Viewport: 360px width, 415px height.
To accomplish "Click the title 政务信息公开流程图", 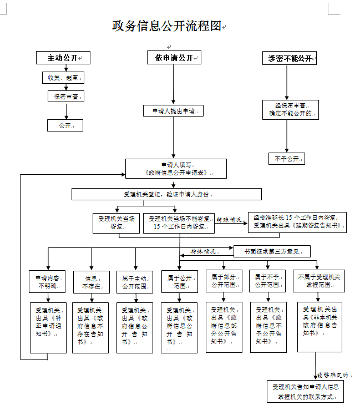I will [x=166, y=26].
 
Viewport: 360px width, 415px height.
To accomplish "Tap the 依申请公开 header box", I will [x=174, y=58].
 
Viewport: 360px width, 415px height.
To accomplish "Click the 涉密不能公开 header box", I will [x=289, y=58].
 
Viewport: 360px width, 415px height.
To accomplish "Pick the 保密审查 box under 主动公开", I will [x=66, y=97].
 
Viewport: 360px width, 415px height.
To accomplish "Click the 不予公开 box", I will [x=286, y=159].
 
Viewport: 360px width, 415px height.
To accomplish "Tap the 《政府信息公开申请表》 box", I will [x=176, y=169].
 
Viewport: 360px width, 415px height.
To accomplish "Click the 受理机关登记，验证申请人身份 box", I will [x=166, y=194].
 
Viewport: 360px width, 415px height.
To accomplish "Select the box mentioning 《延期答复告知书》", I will [x=297, y=221].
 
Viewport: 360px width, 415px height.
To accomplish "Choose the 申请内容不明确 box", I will [x=48, y=282].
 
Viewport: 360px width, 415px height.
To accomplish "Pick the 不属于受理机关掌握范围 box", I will [x=318, y=281].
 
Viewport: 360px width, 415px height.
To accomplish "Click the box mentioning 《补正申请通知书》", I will [x=48, y=327].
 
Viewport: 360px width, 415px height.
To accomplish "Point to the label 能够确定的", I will [x=332, y=375].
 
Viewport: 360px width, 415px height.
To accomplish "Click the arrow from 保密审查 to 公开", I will [x=67, y=112].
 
